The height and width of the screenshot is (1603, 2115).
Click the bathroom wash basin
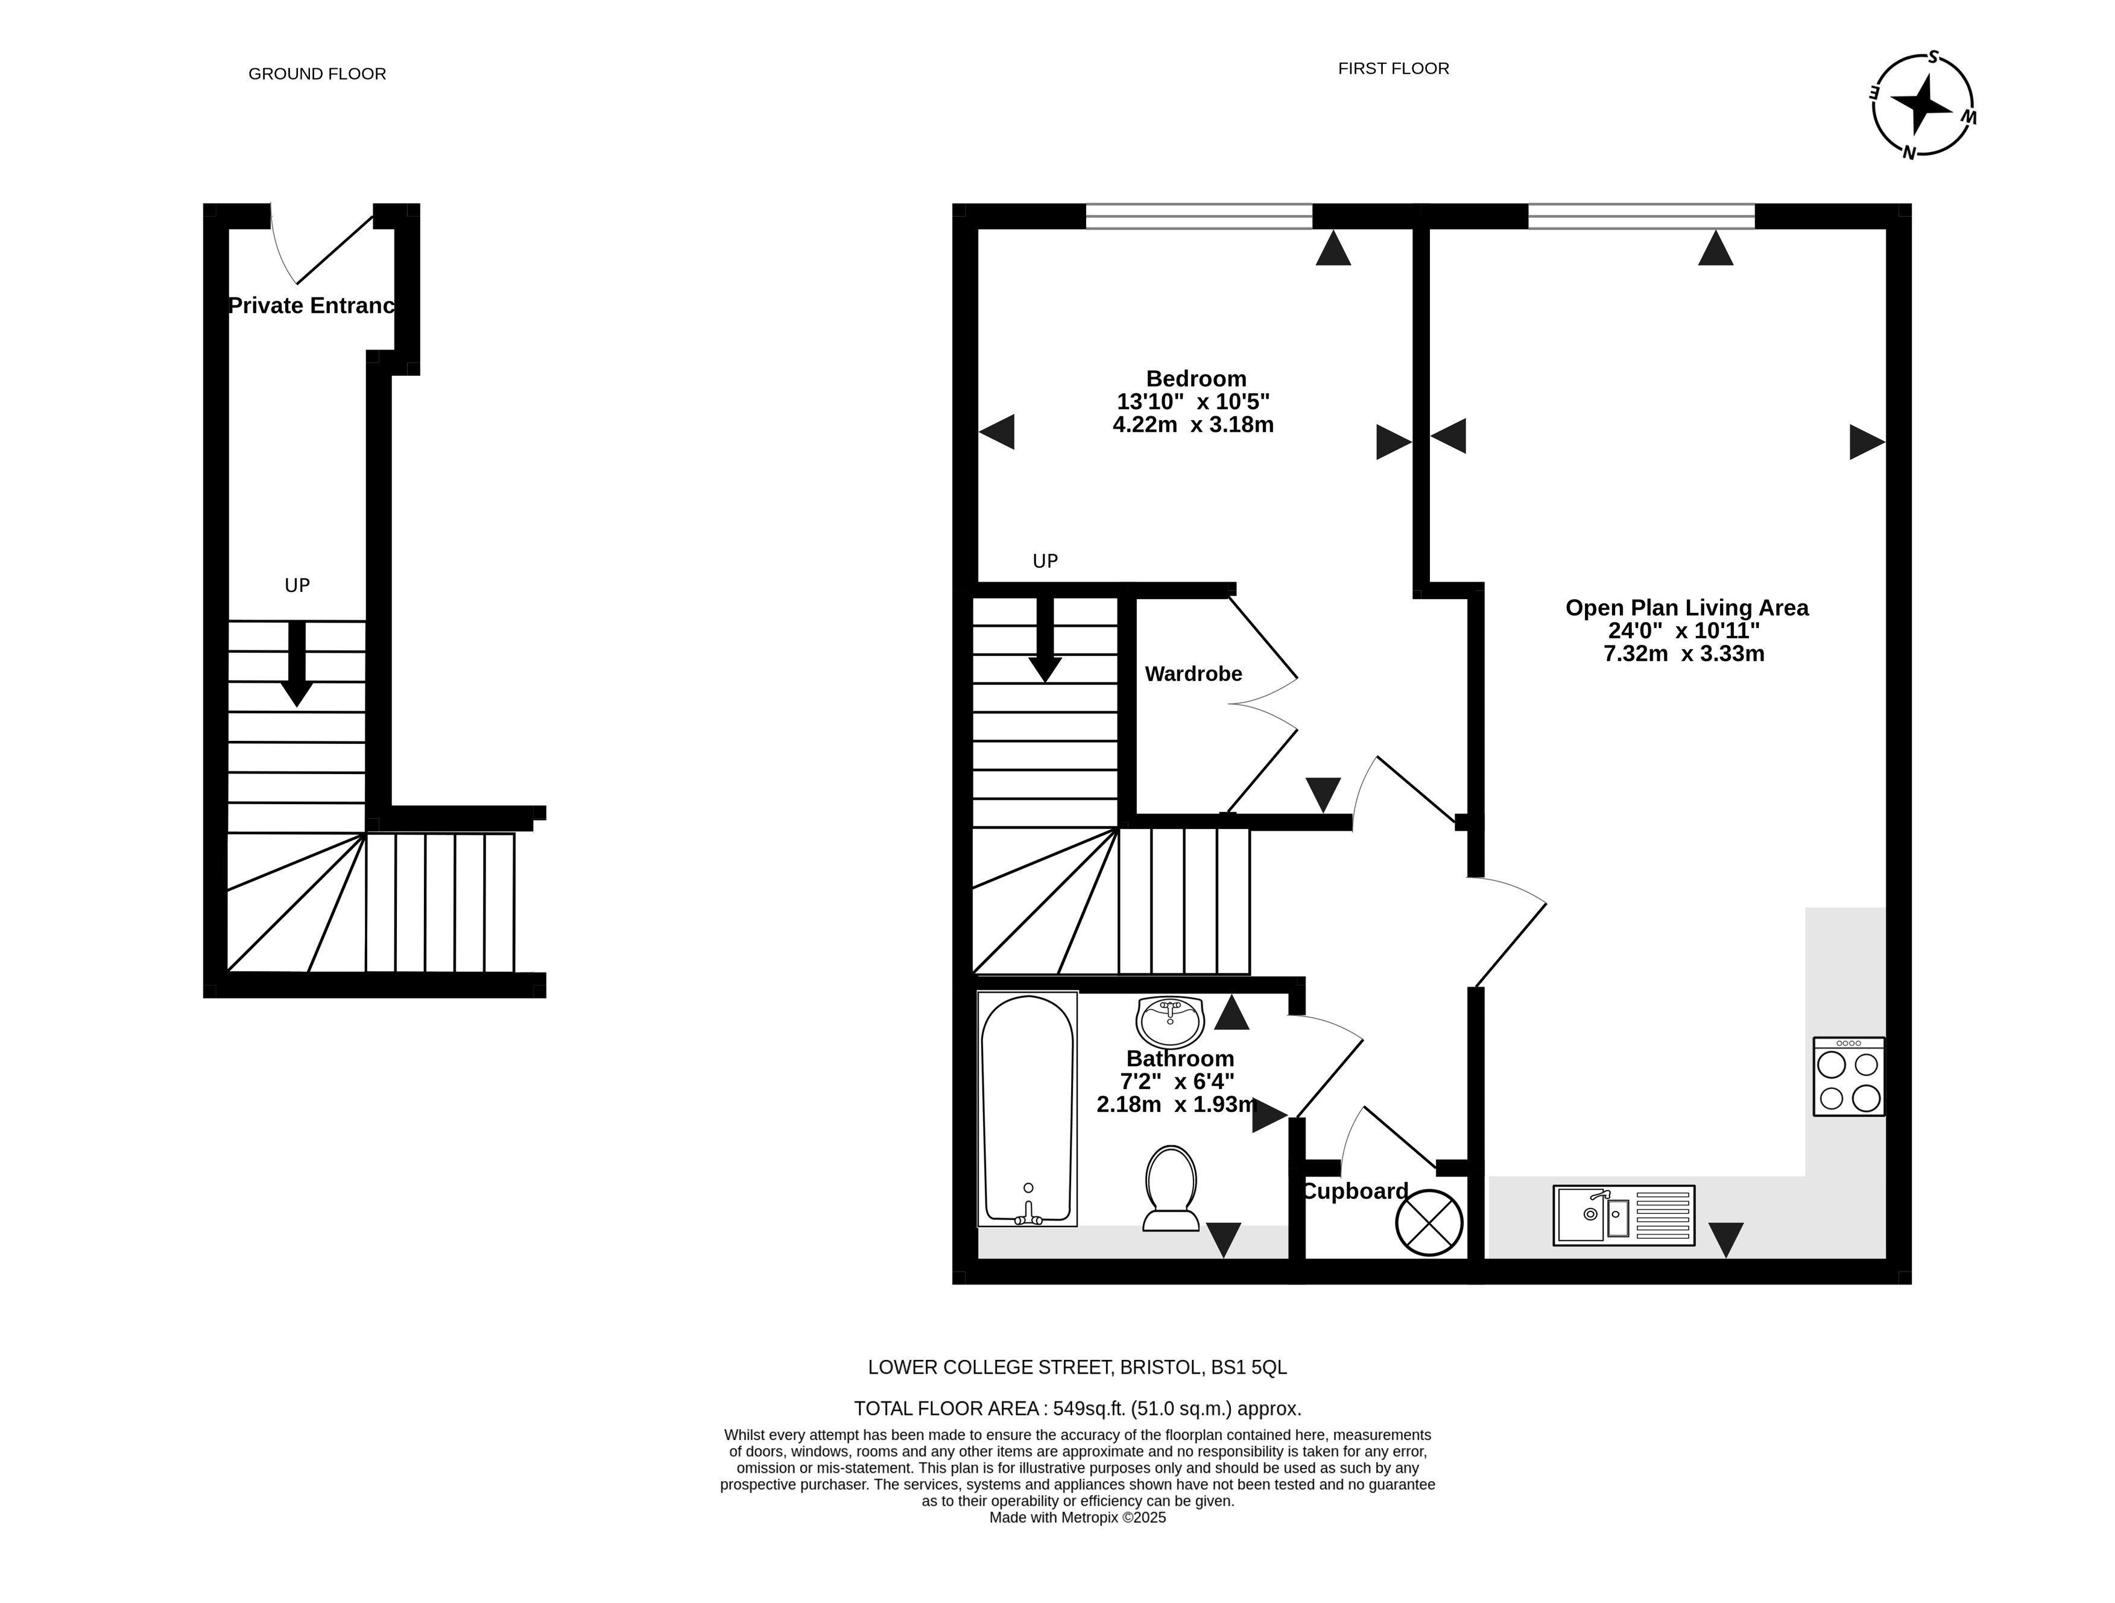[x=1169, y=1021]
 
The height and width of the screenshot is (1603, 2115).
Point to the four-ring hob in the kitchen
[x=1849, y=1077]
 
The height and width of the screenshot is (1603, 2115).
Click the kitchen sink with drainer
[x=1623, y=1216]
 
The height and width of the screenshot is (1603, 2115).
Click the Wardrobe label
[x=1193, y=675]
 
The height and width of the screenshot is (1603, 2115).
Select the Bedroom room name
[x=1196, y=379]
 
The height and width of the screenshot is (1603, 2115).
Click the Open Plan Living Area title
[x=1687, y=608]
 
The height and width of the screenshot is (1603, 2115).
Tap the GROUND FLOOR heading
[x=317, y=74]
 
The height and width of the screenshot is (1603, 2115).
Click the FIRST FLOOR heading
[x=1393, y=69]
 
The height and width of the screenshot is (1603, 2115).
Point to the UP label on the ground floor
[x=297, y=585]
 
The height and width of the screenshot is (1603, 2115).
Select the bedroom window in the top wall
[x=1199, y=216]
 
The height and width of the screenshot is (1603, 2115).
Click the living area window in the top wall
[x=1642, y=216]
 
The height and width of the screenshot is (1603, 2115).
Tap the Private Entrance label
[x=312, y=306]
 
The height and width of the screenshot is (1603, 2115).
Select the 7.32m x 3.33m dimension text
[x=1684, y=654]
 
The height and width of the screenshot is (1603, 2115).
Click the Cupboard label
[x=1355, y=1192]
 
